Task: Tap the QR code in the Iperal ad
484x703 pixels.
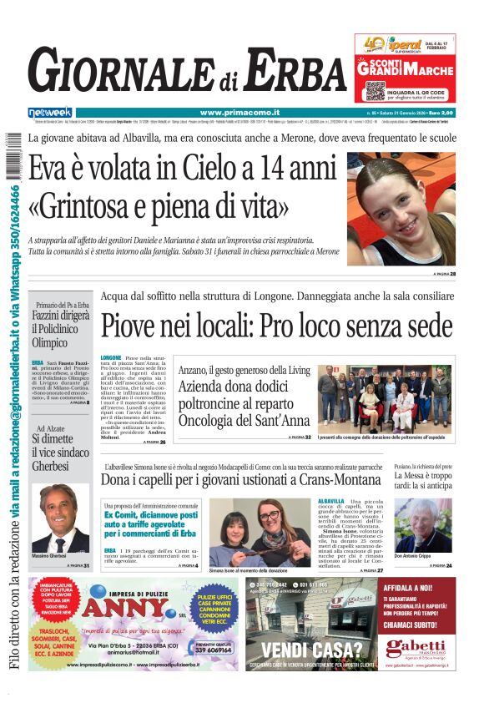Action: click(x=374, y=90)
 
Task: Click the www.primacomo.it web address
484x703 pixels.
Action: click(x=239, y=112)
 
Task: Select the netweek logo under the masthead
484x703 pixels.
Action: click(x=49, y=112)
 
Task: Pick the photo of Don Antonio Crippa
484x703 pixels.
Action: click(x=422, y=526)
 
